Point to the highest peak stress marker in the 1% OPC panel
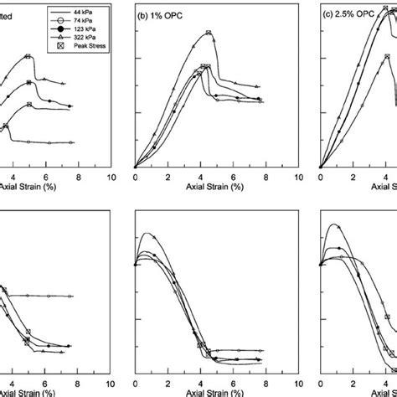coord(209,34)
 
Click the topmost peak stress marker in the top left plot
coord(29,56)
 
